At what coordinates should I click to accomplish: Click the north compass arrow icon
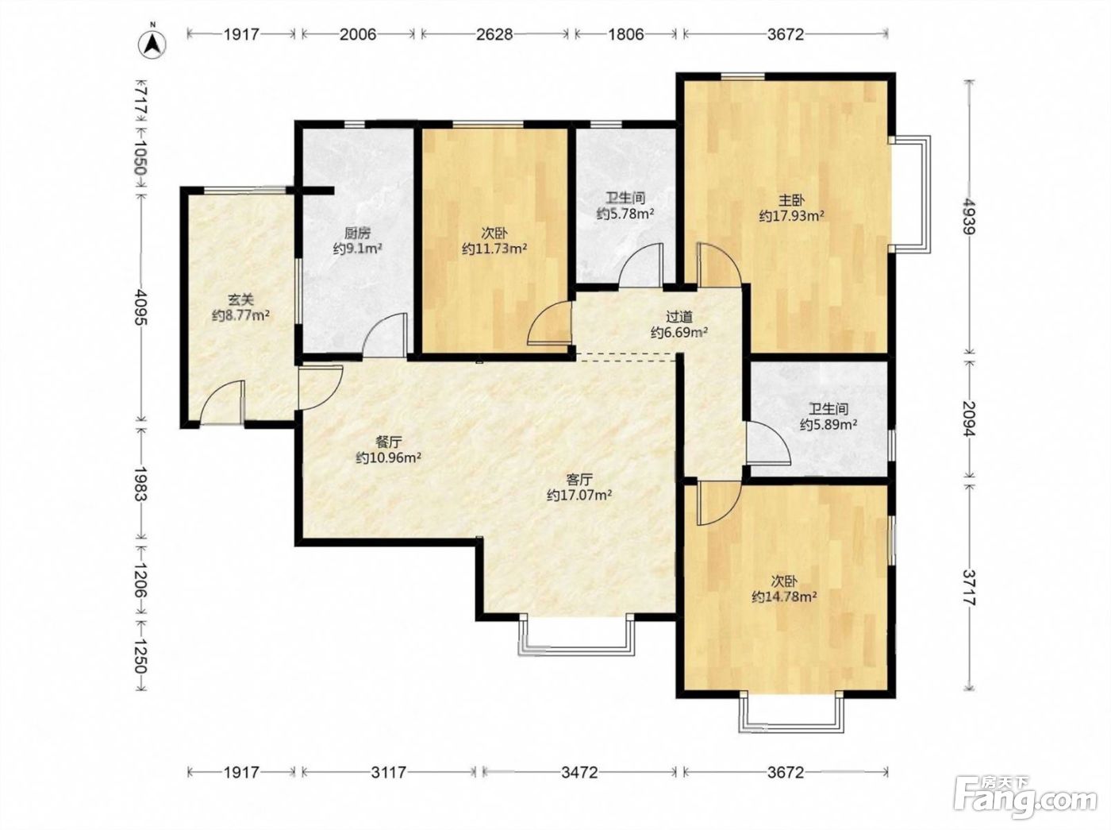[153, 44]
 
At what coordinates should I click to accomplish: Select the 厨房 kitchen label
[357, 233]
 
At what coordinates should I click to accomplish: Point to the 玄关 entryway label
[240, 299]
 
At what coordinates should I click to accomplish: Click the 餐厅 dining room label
[388, 442]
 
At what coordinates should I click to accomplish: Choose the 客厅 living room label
[579, 479]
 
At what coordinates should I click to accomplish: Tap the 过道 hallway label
[679, 316]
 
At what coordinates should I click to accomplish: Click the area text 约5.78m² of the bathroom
[625, 214]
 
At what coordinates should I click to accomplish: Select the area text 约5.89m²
[828, 424]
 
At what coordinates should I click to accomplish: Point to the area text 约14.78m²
[784, 596]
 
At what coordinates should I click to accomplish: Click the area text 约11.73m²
[494, 249]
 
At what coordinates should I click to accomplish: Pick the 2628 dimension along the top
[494, 34]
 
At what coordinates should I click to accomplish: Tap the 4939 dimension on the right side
[969, 216]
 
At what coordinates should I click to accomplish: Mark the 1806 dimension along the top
[625, 34]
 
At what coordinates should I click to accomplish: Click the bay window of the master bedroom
[912, 193]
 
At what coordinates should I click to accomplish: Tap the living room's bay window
[577, 635]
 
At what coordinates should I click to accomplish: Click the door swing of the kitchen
[385, 335]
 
